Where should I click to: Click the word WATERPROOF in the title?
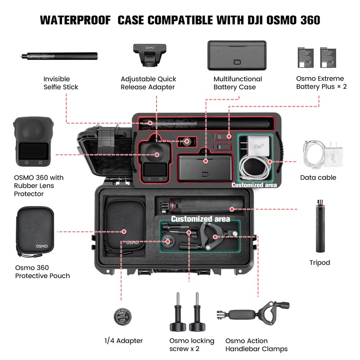[76, 20]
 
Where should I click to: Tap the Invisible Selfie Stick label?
[61, 83]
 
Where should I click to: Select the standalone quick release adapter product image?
[150, 55]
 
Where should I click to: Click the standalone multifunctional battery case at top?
[237, 55]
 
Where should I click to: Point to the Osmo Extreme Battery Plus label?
[321, 82]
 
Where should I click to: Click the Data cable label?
[318, 177]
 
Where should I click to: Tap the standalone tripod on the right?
[320, 226]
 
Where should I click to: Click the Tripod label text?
[319, 262]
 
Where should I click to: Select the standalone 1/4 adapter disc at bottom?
[123, 317]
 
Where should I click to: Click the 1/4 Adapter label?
[123, 341]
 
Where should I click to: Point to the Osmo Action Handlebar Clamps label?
[256, 345]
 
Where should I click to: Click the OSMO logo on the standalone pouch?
[42, 246]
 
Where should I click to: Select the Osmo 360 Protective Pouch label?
[42, 272]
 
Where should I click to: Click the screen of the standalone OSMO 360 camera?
[34, 151]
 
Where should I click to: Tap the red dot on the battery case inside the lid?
[206, 161]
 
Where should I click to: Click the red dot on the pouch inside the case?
[124, 231]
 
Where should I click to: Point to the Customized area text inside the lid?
[254, 185]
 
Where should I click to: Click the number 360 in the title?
[310, 20]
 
